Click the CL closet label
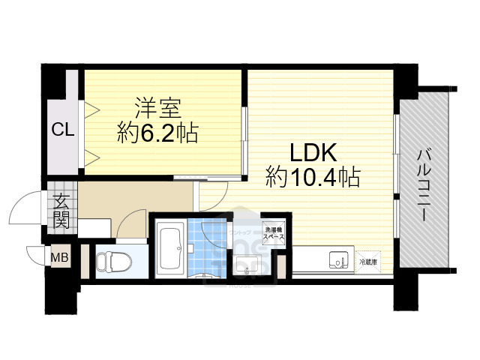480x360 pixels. [x=63, y=130]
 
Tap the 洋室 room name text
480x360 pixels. [x=157, y=107]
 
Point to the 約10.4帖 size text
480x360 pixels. [x=312, y=178]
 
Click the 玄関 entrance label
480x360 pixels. [x=61, y=210]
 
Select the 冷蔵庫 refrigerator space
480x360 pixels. [x=369, y=262]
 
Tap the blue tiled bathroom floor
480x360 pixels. [x=202, y=244]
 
